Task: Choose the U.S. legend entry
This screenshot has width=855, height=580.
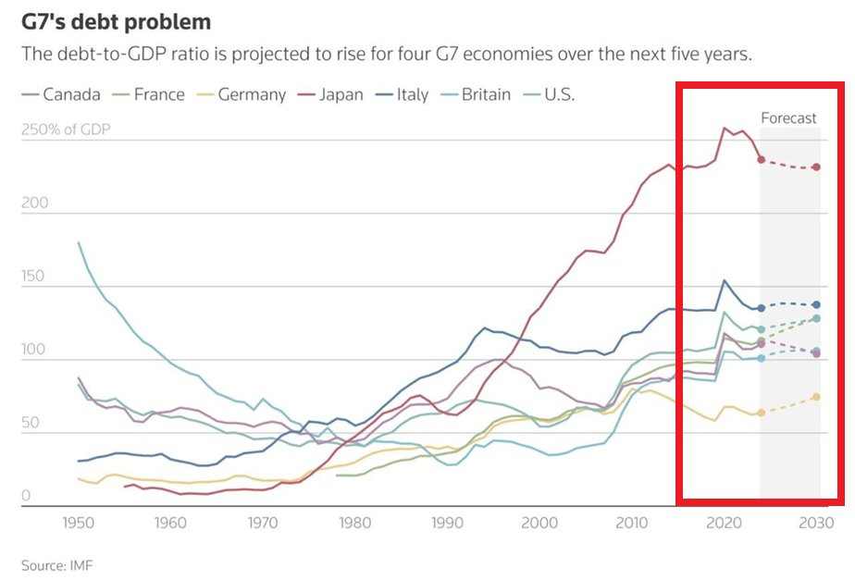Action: (x=559, y=94)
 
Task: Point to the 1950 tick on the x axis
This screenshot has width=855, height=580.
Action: (x=78, y=522)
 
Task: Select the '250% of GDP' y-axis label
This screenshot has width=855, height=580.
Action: (x=65, y=130)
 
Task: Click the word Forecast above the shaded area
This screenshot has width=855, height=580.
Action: (x=788, y=117)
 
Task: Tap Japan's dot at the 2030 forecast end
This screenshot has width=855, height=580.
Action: (x=816, y=167)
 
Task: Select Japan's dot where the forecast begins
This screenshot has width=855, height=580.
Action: (x=761, y=160)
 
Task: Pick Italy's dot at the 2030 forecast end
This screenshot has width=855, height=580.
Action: (x=816, y=305)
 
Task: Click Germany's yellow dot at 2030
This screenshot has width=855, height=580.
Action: (x=816, y=397)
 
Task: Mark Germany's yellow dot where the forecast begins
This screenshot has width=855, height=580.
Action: (x=761, y=413)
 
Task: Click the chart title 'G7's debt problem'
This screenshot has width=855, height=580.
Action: (x=116, y=21)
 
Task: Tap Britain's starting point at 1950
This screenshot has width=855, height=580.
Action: (x=79, y=242)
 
